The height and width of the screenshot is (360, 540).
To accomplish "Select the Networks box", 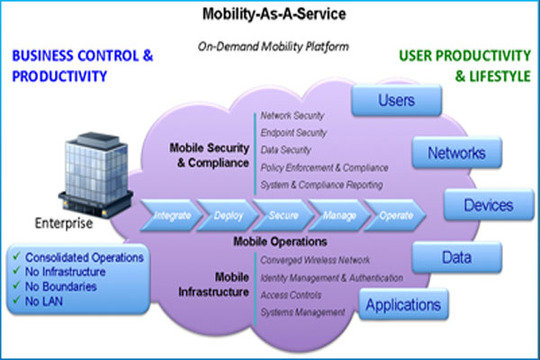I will click(454, 152).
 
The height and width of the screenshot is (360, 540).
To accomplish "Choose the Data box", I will click(454, 257).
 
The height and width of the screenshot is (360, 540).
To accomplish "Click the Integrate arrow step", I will click(172, 215).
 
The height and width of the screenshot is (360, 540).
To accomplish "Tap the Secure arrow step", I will click(283, 215).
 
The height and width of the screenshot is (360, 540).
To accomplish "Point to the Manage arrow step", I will click(337, 215).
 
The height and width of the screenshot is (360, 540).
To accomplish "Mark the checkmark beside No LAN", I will click(17, 301).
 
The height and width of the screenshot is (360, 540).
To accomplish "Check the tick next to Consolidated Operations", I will click(17, 257).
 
